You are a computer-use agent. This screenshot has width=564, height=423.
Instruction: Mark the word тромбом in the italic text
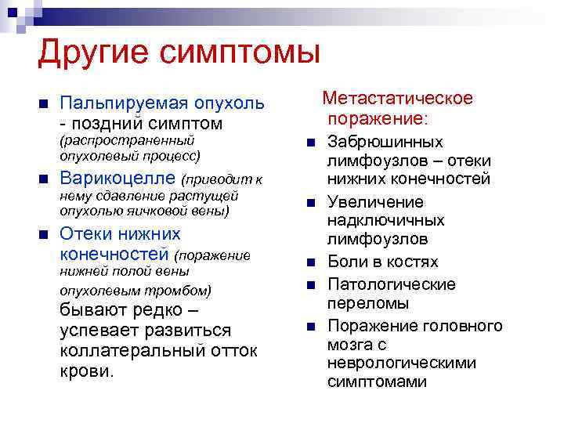(x=183, y=290)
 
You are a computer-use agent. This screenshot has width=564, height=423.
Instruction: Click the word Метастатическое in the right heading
(x=398, y=99)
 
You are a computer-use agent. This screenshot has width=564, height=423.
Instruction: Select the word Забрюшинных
(x=385, y=142)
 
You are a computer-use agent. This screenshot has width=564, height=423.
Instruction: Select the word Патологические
(x=392, y=284)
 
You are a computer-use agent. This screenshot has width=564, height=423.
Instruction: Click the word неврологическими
(x=402, y=363)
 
